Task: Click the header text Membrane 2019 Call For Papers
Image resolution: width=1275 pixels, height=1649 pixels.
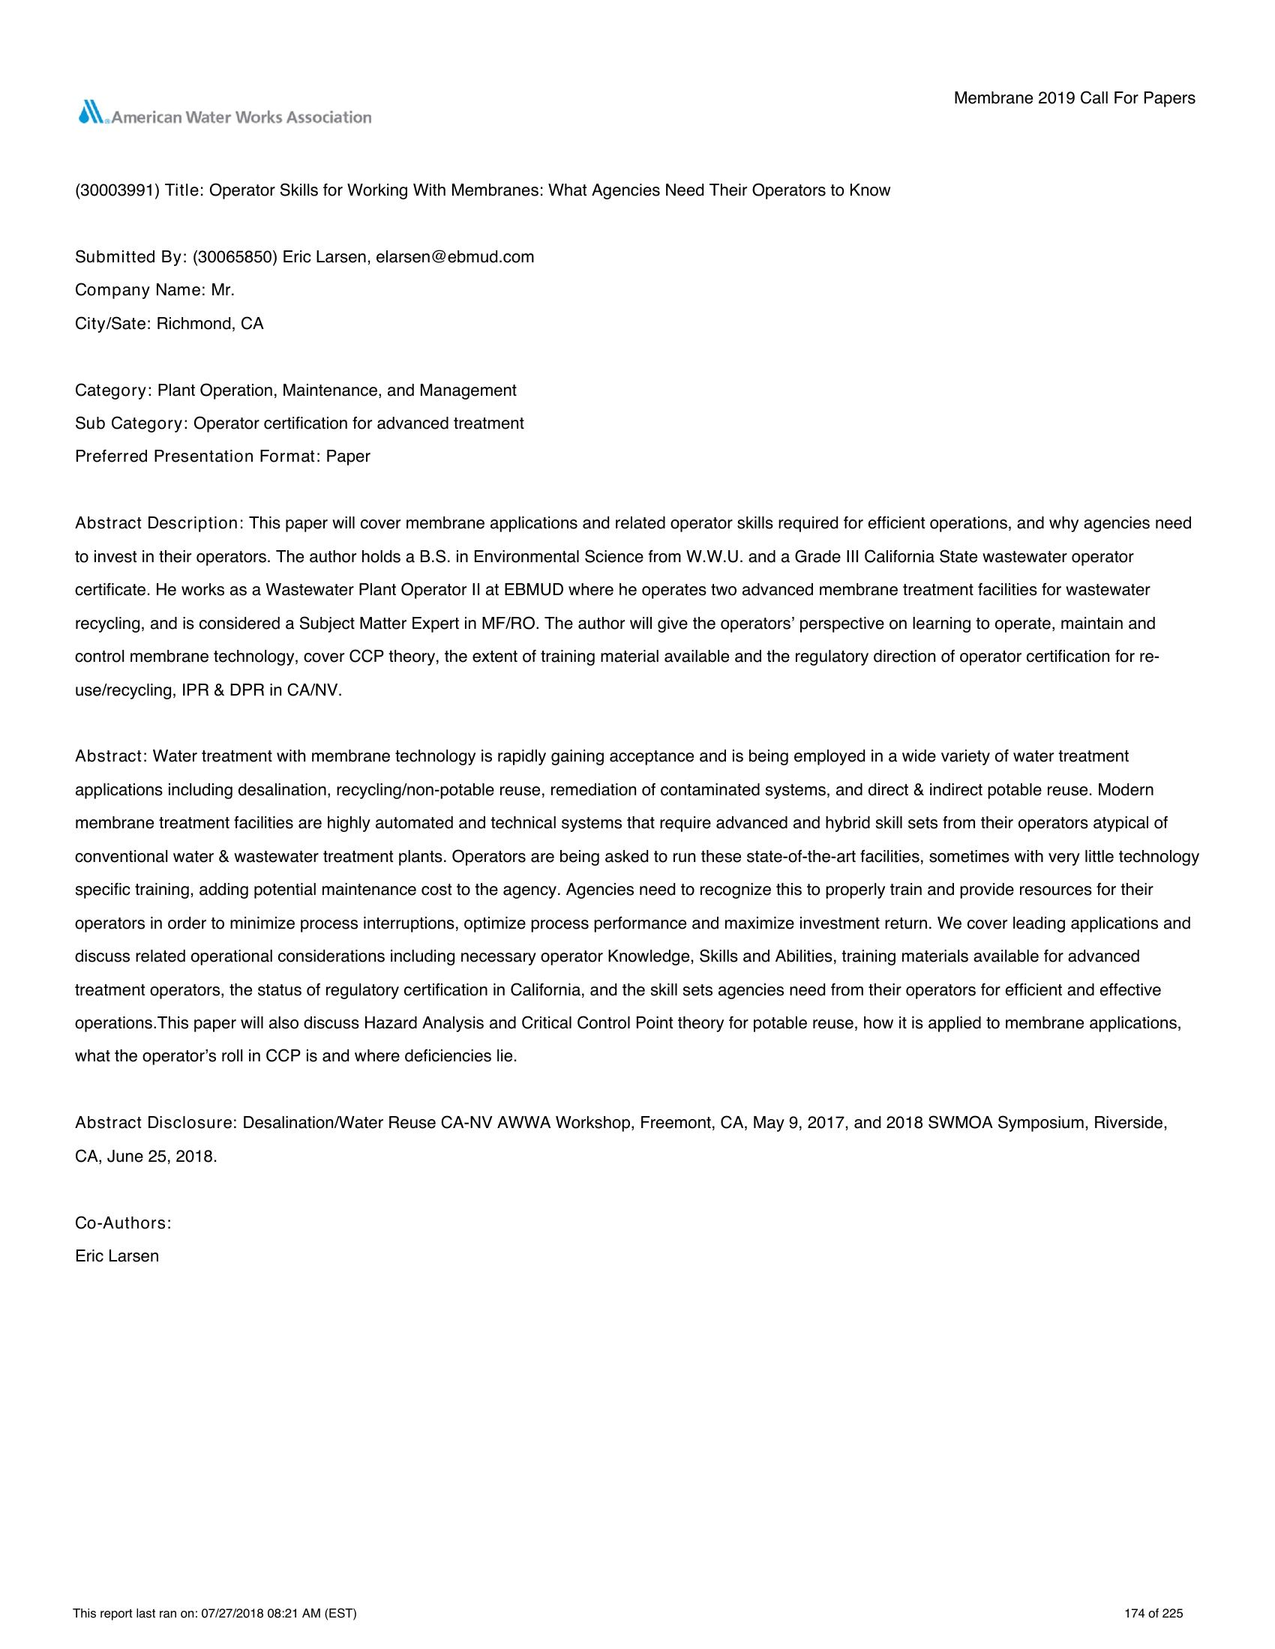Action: pos(1074,98)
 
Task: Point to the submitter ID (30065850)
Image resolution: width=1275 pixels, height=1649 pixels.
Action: pos(235,256)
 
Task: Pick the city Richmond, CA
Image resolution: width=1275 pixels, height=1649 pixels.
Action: pos(210,324)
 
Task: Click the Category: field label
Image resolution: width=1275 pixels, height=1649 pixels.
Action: pos(114,391)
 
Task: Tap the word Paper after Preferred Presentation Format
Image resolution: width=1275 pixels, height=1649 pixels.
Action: pos(348,456)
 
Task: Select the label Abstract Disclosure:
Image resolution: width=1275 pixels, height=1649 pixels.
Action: pos(156,1123)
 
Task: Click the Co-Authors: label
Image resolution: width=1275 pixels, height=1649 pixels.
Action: pos(123,1223)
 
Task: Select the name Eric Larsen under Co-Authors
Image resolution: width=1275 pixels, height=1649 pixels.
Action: pos(117,1256)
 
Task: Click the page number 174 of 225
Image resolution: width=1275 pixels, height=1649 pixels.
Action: pos(1153,1614)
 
